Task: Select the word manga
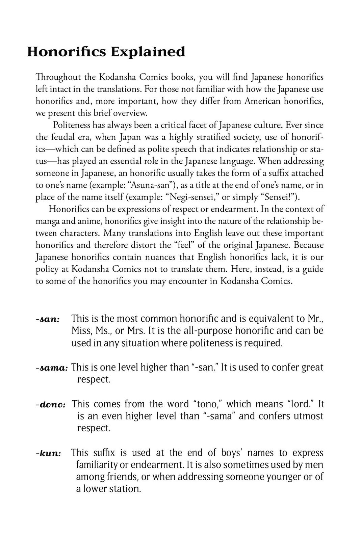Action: click(48, 221)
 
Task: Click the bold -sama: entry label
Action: click(52, 368)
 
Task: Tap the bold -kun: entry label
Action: click(49, 453)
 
